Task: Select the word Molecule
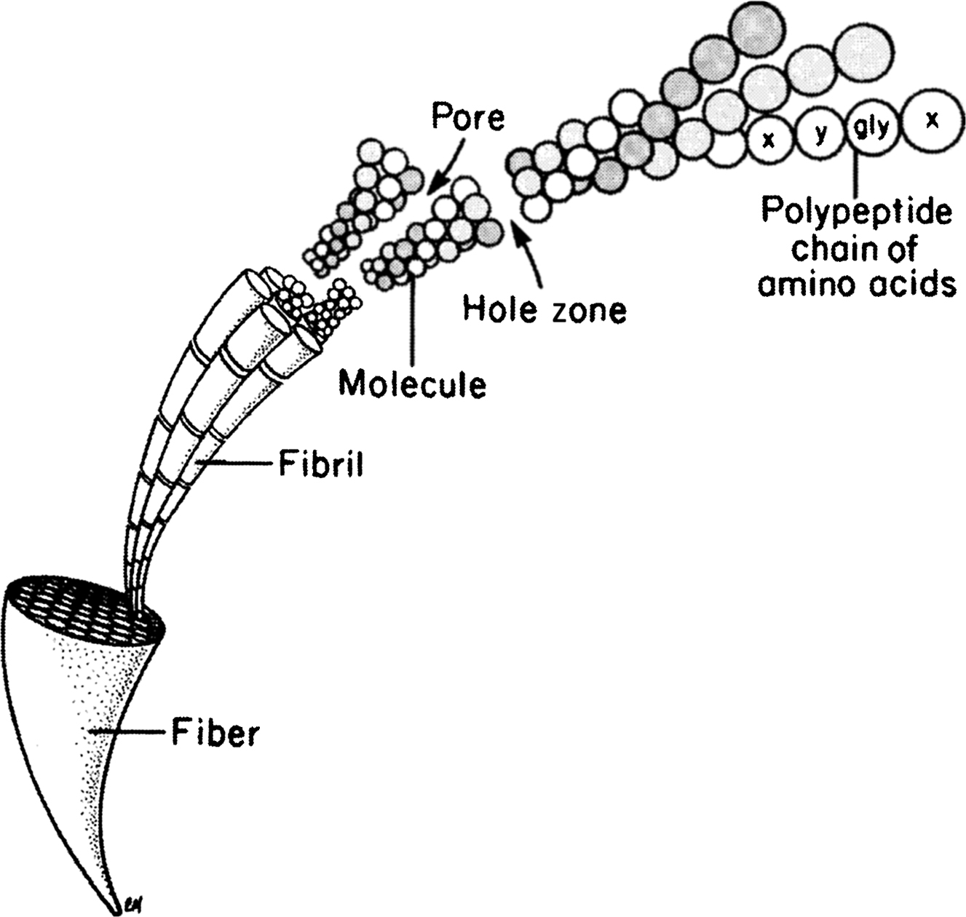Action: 413,383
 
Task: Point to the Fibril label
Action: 321,464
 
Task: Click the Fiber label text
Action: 215,733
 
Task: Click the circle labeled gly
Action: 871,130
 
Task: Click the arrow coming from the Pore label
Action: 443,164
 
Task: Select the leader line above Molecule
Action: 413,320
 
